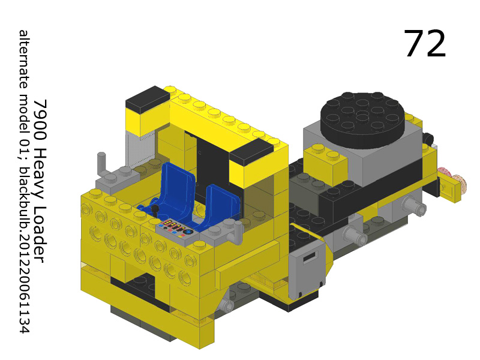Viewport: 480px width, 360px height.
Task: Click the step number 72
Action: (425, 44)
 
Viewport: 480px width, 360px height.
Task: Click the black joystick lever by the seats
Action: (155, 211)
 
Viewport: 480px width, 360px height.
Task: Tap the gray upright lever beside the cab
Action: (101, 164)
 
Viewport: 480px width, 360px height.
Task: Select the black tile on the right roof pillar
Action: (251, 152)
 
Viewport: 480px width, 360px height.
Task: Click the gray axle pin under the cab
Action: (226, 305)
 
